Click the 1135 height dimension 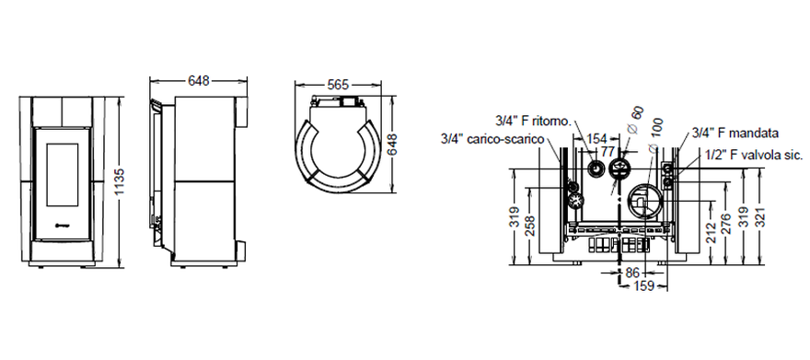[120, 181]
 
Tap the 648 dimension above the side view [199, 81]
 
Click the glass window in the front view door [63, 175]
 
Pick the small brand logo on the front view [62, 225]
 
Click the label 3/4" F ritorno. [533, 122]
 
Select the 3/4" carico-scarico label [492, 139]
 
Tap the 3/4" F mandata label [735, 134]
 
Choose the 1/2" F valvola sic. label [754, 155]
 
